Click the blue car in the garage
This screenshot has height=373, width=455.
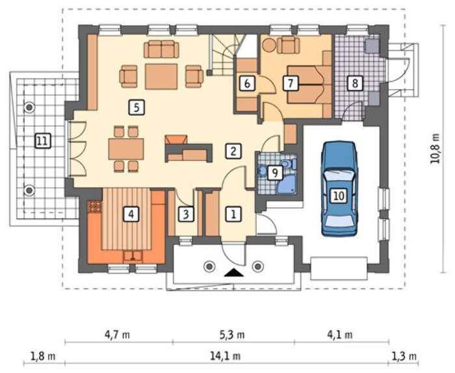339,189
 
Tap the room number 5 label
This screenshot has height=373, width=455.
136,108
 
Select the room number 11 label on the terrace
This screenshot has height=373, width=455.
42,141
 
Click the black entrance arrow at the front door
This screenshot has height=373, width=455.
234,273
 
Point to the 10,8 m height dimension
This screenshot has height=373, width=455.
435,149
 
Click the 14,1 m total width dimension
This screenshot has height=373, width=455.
225,355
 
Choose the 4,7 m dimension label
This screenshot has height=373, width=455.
117,335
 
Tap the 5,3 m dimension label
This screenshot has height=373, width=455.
232,335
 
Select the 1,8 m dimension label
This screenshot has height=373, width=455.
43,356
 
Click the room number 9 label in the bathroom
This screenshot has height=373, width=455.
274,173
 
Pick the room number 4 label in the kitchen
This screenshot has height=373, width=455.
131,214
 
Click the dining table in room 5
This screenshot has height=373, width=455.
126,149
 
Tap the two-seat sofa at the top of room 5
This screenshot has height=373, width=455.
161,49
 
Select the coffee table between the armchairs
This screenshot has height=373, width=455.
161,77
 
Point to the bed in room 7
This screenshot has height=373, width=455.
309,84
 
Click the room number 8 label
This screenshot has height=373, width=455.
355,83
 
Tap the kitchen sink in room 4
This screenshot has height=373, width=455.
133,255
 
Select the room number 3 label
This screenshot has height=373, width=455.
186,214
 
